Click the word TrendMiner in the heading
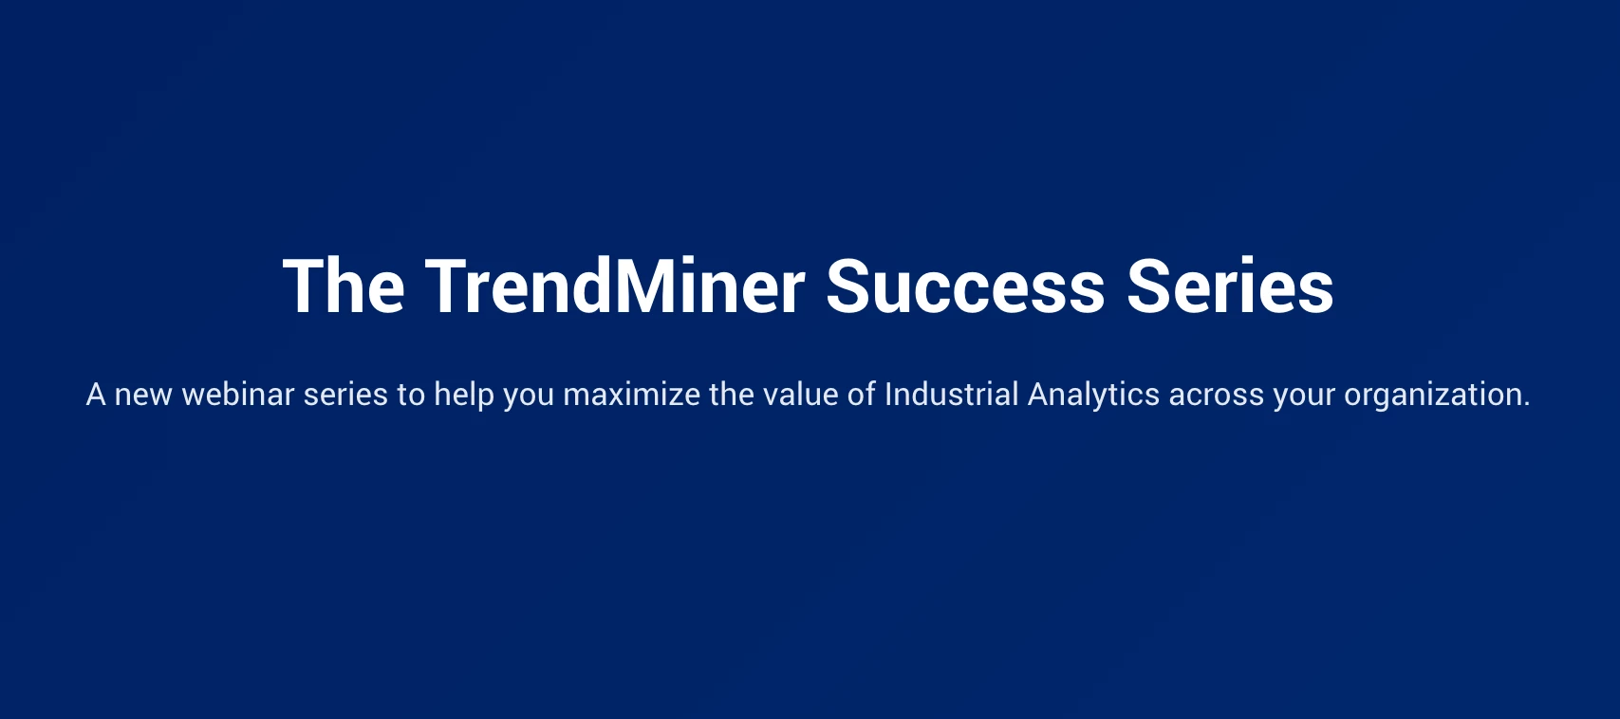point(615,286)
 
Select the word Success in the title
point(965,286)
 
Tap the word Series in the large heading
point(1230,286)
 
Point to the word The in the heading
point(344,286)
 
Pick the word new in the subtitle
point(144,396)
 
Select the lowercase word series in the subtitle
point(345,396)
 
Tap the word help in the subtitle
point(463,396)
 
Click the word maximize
point(631,395)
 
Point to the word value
point(801,395)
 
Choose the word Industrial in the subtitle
point(952,395)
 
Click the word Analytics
point(1093,396)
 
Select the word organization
point(1437,396)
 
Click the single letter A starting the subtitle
point(96,395)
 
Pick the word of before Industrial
point(862,395)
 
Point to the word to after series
point(411,396)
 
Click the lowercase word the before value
point(732,395)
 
